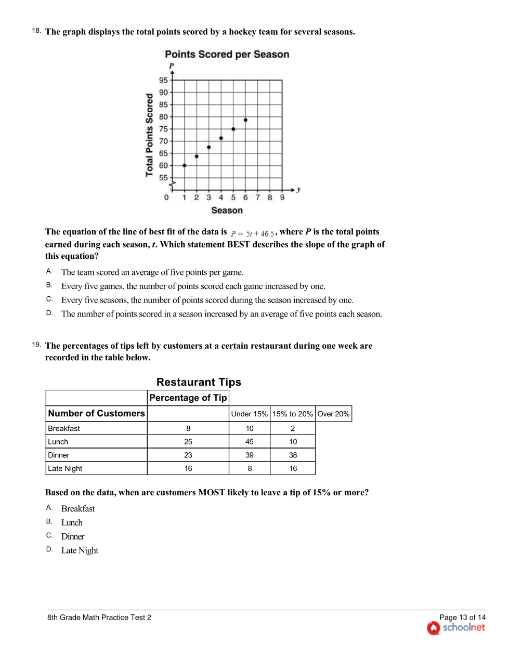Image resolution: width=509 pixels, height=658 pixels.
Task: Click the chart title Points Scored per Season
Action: [x=227, y=55]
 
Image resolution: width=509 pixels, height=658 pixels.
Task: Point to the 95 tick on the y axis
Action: [x=163, y=80]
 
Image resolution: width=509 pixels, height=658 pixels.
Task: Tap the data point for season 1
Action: [x=185, y=165]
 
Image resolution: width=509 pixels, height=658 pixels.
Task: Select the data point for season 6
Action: [x=245, y=120]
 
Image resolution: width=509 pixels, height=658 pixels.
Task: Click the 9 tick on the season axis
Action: [x=282, y=198]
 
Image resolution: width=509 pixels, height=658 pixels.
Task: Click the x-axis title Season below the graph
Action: [x=227, y=210]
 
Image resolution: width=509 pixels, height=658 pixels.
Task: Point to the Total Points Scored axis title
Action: [x=150, y=135]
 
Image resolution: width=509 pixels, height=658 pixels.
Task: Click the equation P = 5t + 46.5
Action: [x=253, y=233]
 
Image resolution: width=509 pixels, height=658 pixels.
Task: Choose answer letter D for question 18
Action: [x=49, y=313]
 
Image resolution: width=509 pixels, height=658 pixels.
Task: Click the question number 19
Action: [x=36, y=345]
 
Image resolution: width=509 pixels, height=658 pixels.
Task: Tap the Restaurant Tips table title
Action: [x=199, y=382]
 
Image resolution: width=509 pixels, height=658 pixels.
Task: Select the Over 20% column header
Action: [x=333, y=414]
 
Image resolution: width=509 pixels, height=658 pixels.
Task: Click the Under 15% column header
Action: [x=249, y=414]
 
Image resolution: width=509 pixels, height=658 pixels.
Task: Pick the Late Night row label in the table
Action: [x=65, y=468]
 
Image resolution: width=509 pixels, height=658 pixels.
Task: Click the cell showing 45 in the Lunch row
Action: [x=250, y=442]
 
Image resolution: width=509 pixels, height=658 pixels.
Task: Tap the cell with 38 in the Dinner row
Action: [x=293, y=455]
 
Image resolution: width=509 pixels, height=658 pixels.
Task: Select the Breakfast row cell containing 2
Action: [x=293, y=428]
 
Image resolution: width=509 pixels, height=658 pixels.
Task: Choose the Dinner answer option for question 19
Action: [x=73, y=536]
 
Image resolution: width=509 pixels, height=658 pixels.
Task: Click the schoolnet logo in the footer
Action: [x=456, y=628]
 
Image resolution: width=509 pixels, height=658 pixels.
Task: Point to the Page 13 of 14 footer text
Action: [x=462, y=617]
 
